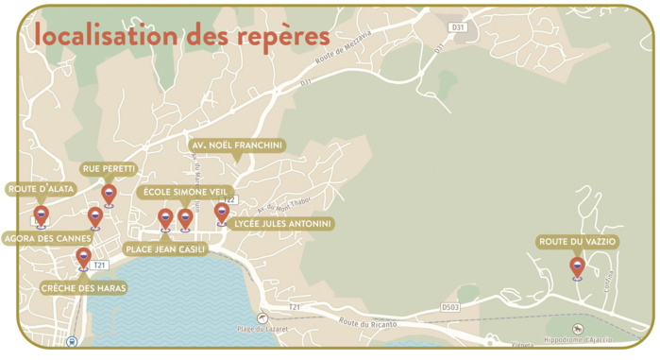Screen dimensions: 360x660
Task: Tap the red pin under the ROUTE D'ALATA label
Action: tap(42, 214)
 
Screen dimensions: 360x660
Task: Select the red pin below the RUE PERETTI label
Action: tap(109, 194)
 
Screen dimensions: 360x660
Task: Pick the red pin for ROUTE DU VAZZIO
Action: tap(577, 266)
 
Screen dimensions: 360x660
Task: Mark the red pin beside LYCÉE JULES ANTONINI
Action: tap(221, 212)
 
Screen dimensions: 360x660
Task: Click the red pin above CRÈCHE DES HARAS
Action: tap(83, 256)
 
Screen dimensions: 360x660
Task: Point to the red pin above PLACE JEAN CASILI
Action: tap(165, 218)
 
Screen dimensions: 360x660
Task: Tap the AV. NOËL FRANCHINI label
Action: tap(237, 145)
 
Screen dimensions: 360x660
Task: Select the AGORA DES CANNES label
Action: tap(47, 237)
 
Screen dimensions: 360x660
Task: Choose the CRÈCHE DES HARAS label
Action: tap(83, 288)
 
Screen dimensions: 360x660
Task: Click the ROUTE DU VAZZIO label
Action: tap(577, 242)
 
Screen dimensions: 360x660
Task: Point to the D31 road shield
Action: tap(459, 27)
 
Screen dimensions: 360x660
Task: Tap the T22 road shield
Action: tap(229, 199)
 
